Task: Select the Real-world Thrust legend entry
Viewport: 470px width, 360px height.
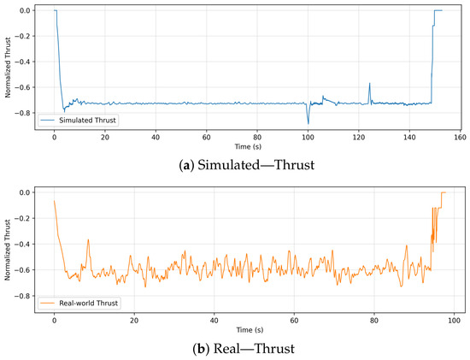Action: [79, 303]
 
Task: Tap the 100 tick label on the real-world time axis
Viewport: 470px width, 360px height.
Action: [454, 321]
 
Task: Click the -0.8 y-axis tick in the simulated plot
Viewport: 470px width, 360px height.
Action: [23, 113]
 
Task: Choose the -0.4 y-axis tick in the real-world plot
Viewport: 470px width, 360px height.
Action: [23, 245]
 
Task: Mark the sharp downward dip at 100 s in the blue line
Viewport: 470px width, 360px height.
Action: [308, 124]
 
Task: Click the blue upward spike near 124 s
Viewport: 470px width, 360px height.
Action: [369, 84]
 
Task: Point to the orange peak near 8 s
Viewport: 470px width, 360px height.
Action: [88, 239]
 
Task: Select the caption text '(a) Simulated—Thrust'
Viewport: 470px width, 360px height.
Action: [247, 165]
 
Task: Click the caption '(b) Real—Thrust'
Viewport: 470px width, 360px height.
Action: [244, 349]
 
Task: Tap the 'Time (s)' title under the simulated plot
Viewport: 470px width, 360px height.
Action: [248, 147]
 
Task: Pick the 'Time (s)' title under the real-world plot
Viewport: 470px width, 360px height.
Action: [250, 330]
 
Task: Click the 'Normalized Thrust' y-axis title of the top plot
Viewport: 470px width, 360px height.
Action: [8, 68]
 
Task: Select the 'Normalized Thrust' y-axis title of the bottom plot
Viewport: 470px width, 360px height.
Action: [8, 250]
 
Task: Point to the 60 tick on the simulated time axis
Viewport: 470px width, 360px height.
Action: [206, 138]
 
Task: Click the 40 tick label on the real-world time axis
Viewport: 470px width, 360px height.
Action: [214, 321]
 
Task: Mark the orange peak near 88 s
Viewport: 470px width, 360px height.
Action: [407, 246]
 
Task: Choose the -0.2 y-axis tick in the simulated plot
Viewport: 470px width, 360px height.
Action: [23, 36]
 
